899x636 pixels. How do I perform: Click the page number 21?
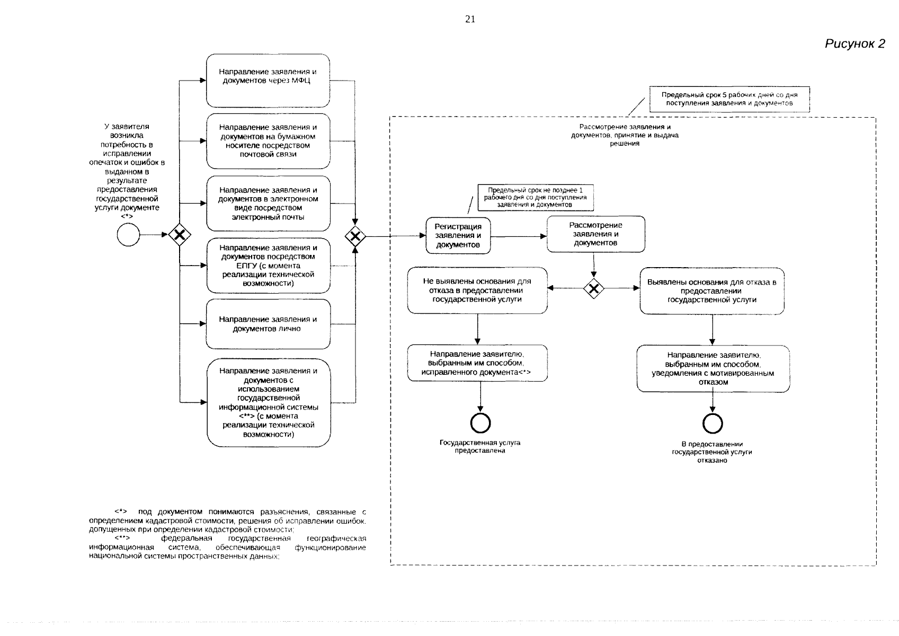(x=470, y=19)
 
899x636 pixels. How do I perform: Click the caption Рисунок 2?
(x=855, y=43)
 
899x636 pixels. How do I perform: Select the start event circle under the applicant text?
(x=128, y=235)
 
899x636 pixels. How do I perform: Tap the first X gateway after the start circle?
(x=180, y=235)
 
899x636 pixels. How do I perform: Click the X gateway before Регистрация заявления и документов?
(x=355, y=236)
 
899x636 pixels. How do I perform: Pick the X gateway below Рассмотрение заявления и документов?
(x=593, y=288)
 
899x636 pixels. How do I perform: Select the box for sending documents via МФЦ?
(x=268, y=81)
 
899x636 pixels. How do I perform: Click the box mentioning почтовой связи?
(x=268, y=141)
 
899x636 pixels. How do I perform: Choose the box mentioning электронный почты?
(x=268, y=204)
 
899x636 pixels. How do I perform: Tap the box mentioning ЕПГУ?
(x=268, y=266)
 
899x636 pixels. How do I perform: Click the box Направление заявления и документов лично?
(x=268, y=324)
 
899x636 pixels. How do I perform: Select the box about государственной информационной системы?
(x=269, y=403)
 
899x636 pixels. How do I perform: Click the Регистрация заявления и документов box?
(x=458, y=236)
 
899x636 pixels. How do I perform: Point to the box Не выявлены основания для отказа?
(x=477, y=290)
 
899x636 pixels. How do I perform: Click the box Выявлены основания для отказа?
(x=712, y=291)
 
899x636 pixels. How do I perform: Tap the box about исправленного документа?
(x=477, y=363)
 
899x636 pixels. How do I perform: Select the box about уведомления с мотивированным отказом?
(x=713, y=368)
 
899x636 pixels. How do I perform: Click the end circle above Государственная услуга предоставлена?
(x=480, y=423)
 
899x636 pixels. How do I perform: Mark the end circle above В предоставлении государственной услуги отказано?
(x=713, y=423)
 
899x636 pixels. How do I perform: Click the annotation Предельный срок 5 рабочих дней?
(x=729, y=99)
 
